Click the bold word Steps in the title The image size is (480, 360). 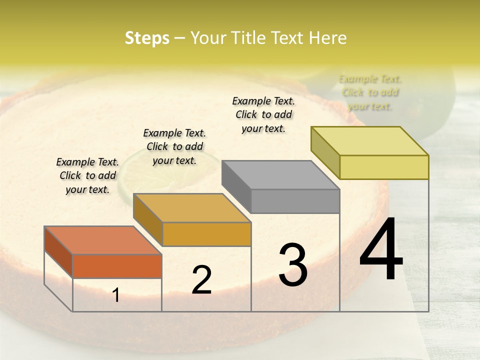[x=147, y=38]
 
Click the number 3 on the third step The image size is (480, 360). [x=293, y=265]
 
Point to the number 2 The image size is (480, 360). [x=201, y=280]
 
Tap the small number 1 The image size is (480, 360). [x=116, y=295]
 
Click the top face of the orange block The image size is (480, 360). [x=102, y=240]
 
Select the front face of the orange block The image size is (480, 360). [x=117, y=266]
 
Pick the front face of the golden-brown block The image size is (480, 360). [x=206, y=234]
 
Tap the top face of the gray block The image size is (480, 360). [x=280, y=174]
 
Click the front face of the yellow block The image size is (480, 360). [x=384, y=167]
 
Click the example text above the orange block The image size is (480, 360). [x=87, y=175]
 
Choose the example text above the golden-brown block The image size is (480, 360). [x=174, y=146]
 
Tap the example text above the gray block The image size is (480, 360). [x=263, y=114]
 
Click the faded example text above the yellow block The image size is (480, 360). [x=370, y=92]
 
